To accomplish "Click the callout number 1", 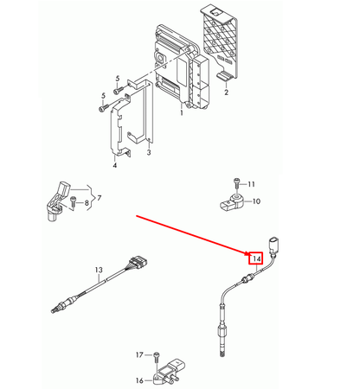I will [x=182, y=112].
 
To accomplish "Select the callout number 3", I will [x=148, y=153].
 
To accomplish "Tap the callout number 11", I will [x=253, y=185].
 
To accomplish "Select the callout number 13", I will [x=99, y=271].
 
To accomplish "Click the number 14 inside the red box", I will [x=255, y=258].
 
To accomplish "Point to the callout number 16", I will [x=138, y=379].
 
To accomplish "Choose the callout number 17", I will [x=138, y=355].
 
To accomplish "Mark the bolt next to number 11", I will [x=235, y=184].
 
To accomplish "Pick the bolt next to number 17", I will [x=156, y=356].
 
